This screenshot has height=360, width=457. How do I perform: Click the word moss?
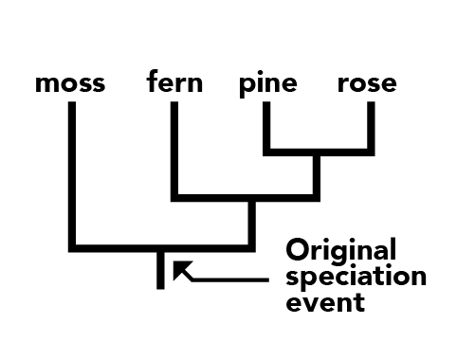pos(70,83)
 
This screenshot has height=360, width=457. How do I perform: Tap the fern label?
pos(174,81)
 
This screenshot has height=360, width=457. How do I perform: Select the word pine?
pos(268,84)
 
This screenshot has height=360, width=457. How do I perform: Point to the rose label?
pos(367,83)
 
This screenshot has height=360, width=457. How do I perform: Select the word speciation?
pos(356,277)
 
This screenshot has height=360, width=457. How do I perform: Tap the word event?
pos(325,302)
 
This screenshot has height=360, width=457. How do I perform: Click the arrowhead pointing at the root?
pos(180,268)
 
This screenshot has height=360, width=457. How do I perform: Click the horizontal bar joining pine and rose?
pos(319,153)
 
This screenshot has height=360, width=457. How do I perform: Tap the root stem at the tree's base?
pos(160,271)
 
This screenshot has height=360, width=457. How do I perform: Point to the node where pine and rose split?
pos(317,153)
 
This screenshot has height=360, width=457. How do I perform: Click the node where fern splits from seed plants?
pos(251,198)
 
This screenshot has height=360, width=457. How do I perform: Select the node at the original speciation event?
pos(160,248)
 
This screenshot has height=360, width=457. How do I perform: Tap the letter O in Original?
pos(297,249)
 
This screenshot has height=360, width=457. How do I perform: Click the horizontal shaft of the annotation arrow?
pos(230,279)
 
